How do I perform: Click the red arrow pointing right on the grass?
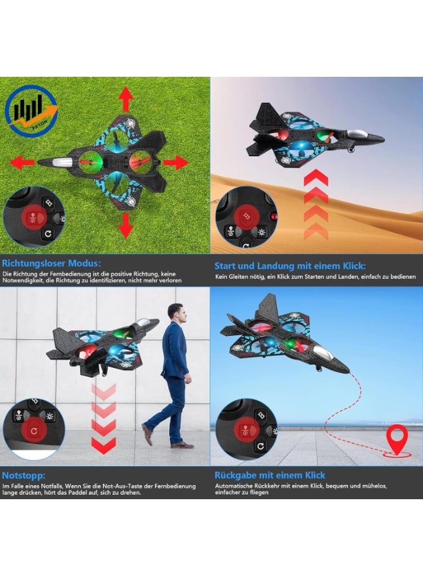(174, 163)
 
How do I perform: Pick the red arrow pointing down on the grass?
(126, 225)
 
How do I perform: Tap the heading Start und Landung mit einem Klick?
(290, 265)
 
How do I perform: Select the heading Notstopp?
(22, 476)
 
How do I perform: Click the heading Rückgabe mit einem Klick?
(270, 476)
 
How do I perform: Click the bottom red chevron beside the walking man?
(103, 443)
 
